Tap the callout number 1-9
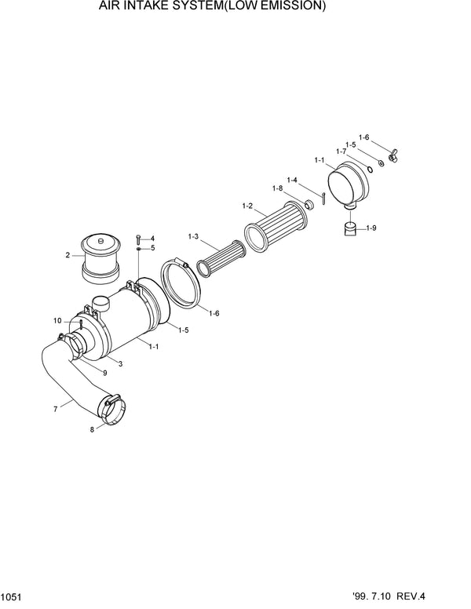(371, 228)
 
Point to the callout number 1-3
(193, 236)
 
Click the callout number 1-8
(277, 188)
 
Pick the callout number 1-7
(341, 151)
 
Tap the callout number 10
(57, 320)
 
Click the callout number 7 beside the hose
(55, 410)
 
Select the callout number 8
(91, 429)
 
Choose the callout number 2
(68, 254)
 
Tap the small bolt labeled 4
(139, 237)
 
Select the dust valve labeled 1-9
(351, 229)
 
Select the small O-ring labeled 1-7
(369, 167)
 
